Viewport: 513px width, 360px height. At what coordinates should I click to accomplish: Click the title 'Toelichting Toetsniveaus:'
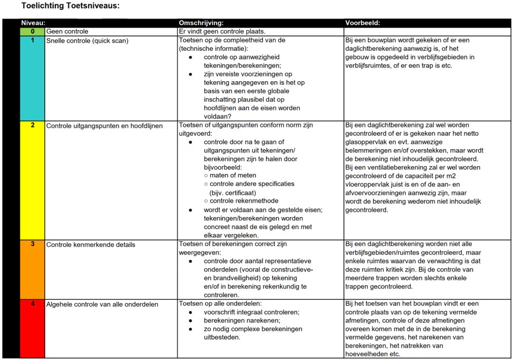(x=70, y=6)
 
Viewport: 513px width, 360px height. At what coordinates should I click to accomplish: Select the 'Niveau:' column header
(x=33, y=23)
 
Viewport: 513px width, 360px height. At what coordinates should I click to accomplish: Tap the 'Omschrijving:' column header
(x=201, y=23)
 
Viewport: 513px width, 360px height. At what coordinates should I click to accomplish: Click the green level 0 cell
(x=33, y=31)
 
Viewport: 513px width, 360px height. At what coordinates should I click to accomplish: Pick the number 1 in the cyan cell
(x=33, y=40)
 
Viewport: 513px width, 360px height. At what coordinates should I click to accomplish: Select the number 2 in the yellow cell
(x=33, y=125)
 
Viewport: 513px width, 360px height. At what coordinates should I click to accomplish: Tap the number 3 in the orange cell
(x=33, y=244)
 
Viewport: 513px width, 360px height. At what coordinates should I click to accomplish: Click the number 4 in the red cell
(x=33, y=304)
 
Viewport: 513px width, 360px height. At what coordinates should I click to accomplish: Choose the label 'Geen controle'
(x=67, y=31)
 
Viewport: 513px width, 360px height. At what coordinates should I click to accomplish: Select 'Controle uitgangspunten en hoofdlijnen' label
(x=104, y=126)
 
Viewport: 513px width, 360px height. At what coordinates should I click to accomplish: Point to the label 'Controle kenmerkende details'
(x=90, y=245)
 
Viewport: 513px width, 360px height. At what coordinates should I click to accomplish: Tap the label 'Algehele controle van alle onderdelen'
(x=102, y=304)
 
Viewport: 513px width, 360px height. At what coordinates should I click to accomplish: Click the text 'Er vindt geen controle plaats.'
(x=222, y=31)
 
